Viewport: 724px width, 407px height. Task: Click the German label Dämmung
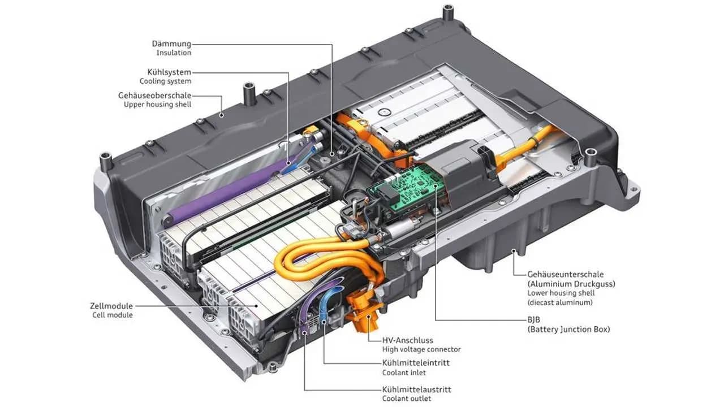[x=171, y=44]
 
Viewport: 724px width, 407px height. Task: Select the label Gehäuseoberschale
[x=154, y=96]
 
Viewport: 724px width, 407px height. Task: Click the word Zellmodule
[x=111, y=306]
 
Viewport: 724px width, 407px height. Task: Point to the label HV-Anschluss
[x=408, y=340]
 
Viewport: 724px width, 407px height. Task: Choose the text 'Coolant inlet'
[x=404, y=373]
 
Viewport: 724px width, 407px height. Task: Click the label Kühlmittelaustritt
[x=417, y=389]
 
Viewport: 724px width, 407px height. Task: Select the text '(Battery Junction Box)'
[x=568, y=329]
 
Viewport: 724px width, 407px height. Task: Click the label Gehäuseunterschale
[x=565, y=274]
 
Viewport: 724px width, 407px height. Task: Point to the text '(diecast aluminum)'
[x=560, y=302]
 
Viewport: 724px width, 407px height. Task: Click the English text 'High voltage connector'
[x=421, y=349]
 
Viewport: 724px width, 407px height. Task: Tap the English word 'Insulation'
[x=174, y=53]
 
